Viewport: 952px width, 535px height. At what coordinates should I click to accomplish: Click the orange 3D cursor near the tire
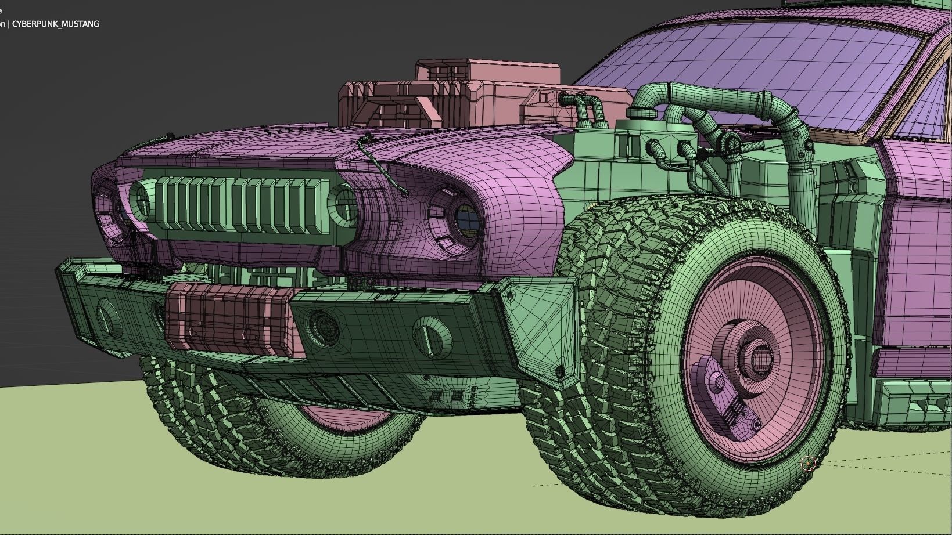808,462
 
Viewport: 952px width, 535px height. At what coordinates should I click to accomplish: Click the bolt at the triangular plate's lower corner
561,371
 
